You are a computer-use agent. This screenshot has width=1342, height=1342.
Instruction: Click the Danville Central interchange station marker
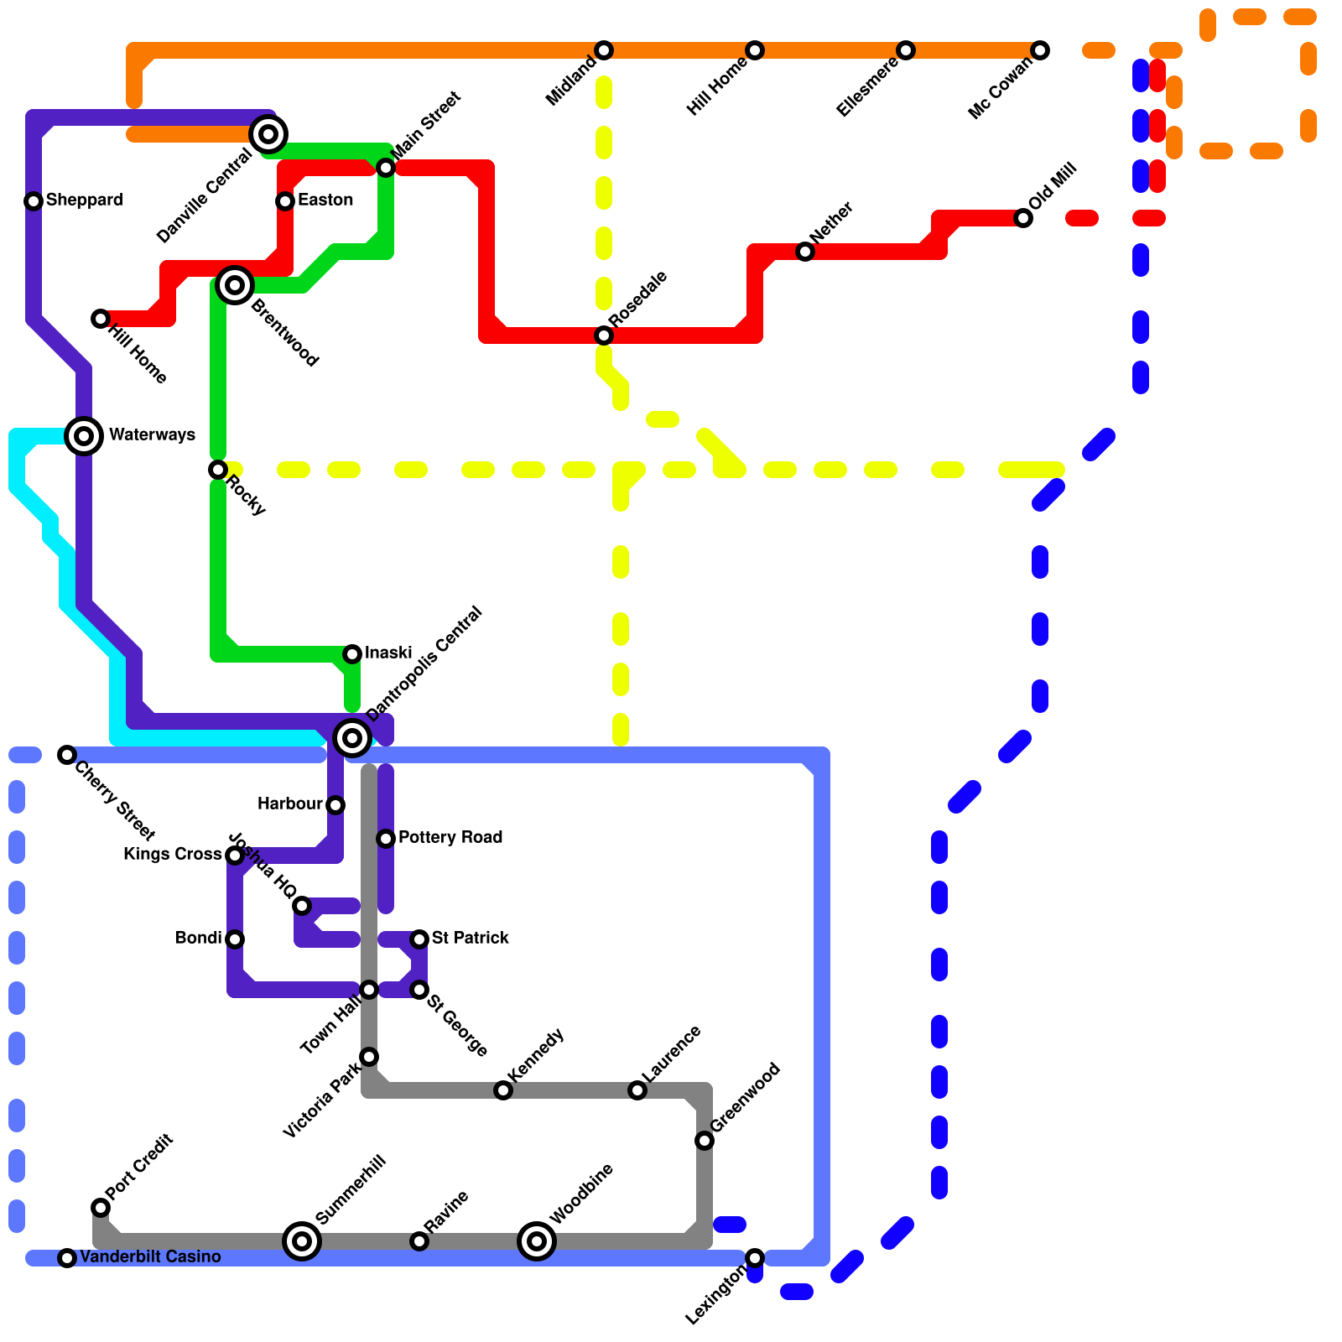(x=268, y=133)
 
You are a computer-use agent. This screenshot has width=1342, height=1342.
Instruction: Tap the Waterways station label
(x=152, y=434)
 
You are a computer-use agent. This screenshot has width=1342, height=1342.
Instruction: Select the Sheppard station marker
(x=34, y=201)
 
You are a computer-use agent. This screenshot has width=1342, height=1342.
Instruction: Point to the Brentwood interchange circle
(x=235, y=285)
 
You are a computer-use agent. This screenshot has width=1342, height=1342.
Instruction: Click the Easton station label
(x=325, y=200)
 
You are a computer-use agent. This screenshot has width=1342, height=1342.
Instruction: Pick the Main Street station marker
(x=386, y=168)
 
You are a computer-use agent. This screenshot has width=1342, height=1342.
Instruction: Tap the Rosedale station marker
(x=604, y=335)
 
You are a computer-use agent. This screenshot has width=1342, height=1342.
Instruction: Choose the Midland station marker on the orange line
(x=604, y=50)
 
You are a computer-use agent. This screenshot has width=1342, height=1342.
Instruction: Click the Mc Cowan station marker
(x=1040, y=50)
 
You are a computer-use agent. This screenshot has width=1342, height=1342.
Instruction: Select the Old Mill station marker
(x=1023, y=218)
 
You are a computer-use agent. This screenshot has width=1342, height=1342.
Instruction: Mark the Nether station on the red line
(x=805, y=252)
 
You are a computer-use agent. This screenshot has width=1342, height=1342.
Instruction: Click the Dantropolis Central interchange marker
(x=352, y=738)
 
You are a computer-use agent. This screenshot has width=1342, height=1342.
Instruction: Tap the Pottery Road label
(x=450, y=837)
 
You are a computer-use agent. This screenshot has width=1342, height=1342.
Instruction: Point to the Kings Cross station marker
(x=235, y=856)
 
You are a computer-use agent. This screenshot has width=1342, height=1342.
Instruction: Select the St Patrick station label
(x=470, y=938)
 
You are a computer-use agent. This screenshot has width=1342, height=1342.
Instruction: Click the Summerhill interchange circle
(x=302, y=1241)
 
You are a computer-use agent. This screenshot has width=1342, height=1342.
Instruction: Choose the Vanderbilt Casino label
(x=150, y=1256)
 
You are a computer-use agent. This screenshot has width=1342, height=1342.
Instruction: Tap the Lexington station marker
(x=755, y=1258)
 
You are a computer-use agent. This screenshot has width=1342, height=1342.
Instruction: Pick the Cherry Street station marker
(x=67, y=755)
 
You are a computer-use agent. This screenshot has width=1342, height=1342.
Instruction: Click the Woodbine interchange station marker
(x=537, y=1241)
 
